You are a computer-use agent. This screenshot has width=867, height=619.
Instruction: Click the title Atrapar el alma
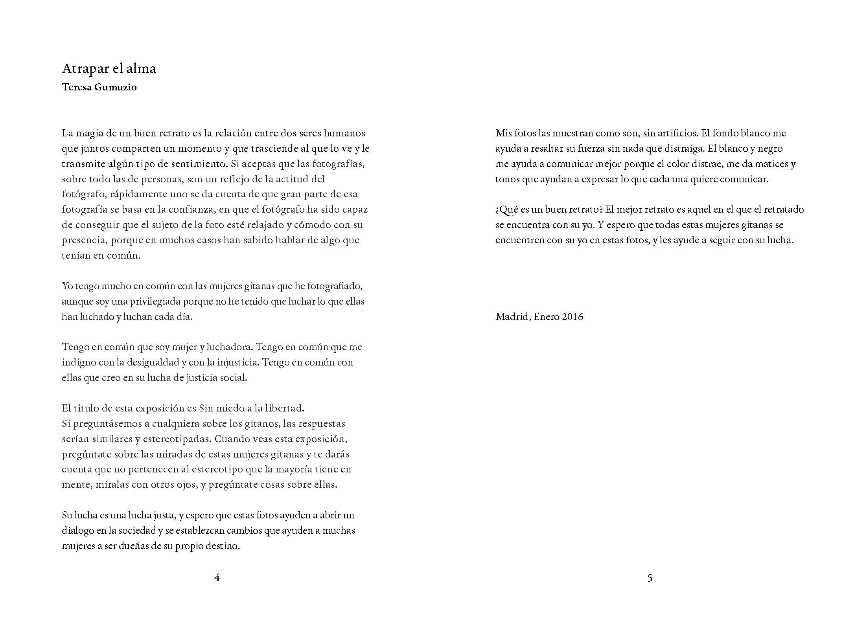pyautogui.click(x=109, y=69)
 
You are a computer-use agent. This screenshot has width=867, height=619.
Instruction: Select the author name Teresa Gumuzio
pyautogui.click(x=99, y=87)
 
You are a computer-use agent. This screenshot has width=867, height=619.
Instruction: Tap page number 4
pyautogui.click(x=217, y=578)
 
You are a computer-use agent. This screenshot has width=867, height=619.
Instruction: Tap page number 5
pyautogui.click(x=650, y=578)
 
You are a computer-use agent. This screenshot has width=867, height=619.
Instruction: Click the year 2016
pyautogui.click(x=572, y=317)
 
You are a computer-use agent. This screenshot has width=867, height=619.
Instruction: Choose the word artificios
pyautogui.click(x=677, y=133)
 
